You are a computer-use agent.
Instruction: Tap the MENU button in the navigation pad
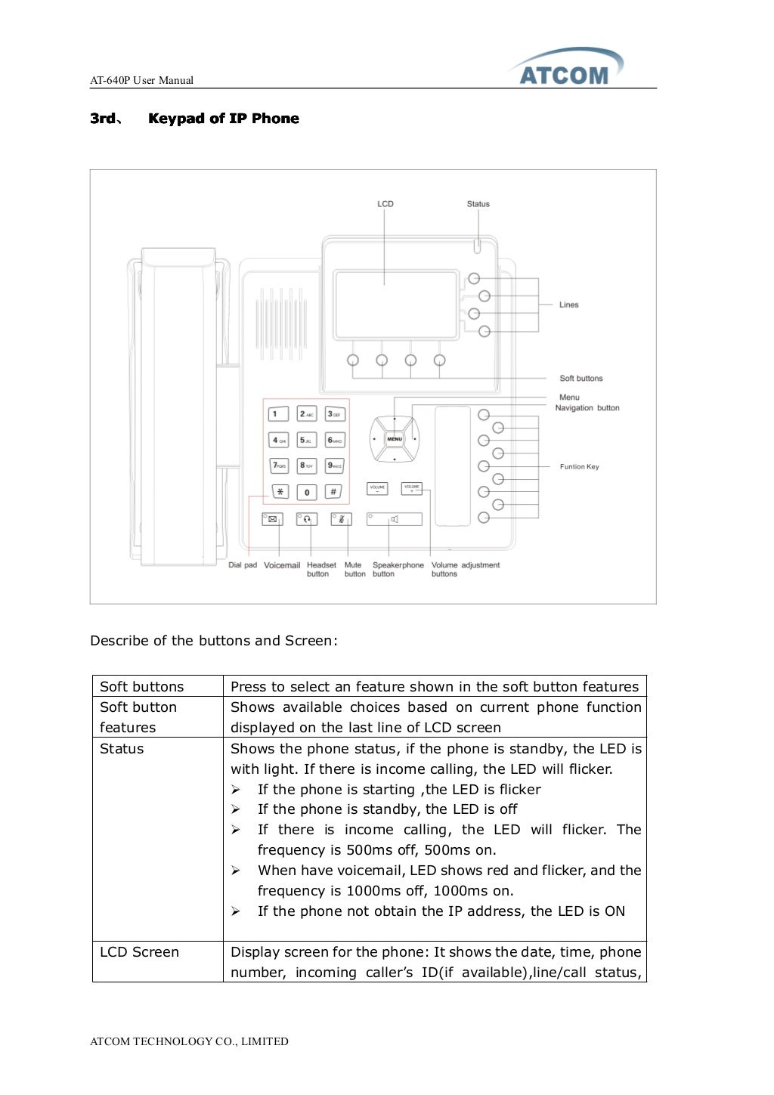click(395, 439)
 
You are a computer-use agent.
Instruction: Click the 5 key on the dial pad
click(306, 440)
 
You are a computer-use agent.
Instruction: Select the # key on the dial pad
click(333, 492)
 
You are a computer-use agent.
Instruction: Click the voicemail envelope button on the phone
click(273, 519)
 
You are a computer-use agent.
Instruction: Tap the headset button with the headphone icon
click(307, 519)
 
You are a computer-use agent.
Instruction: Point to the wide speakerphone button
click(394, 519)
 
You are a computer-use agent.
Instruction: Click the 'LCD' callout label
click(385, 204)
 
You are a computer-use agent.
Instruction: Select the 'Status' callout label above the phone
click(478, 204)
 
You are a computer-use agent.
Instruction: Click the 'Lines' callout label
click(568, 305)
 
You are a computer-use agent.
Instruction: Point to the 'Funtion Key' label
click(579, 467)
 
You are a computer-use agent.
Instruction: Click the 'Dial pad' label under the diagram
click(243, 565)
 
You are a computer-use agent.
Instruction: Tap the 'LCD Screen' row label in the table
click(140, 952)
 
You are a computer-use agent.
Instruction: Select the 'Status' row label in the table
click(122, 749)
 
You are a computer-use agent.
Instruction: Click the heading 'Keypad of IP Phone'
click(224, 119)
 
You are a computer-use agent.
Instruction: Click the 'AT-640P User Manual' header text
click(141, 80)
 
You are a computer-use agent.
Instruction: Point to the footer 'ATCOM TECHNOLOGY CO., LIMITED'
click(189, 1041)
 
